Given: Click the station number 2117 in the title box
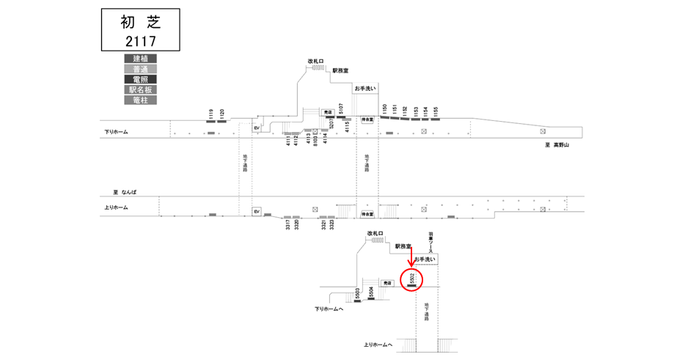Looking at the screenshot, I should coord(140,40).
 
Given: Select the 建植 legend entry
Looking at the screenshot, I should coord(140,59).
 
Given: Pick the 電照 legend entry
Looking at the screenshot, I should coord(140,79).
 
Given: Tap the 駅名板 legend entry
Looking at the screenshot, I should coord(140,89).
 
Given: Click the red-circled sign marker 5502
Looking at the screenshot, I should coord(413,279).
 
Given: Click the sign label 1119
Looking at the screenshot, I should coord(210,114).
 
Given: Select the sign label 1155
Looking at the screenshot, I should coord(436,111).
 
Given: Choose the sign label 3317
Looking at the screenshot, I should coord(287,224).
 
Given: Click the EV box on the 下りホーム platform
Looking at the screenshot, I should coord(257,128).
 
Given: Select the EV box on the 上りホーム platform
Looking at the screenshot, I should coord(257,211).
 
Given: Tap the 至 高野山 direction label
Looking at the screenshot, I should coord(557,145).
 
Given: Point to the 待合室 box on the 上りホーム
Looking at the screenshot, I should coord(367,214).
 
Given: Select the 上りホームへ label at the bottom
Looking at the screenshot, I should coord(378,345).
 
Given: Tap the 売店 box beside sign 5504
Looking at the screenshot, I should coord(387,283).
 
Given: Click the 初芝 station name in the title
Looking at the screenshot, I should coord(140,22).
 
